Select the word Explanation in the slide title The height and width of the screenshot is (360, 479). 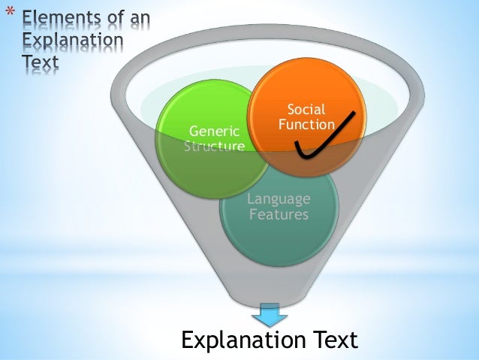(x=63, y=39)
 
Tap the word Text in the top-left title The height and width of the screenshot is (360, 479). (x=38, y=63)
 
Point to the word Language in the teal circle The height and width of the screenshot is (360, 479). (x=279, y=199)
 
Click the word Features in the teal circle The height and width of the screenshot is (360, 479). (x=279, y=214)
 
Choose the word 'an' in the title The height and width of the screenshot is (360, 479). (x=139, y=17)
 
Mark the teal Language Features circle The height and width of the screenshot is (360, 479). (x=279, y=225)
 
